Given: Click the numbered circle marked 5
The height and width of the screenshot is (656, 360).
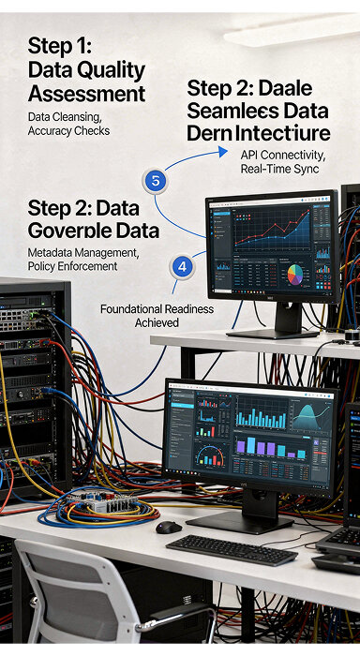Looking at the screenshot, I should click(x=156, y=180).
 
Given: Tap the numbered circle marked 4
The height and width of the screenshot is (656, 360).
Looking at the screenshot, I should click(x=183, y=266).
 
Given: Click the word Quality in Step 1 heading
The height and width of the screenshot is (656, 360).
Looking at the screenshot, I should click(x=110, y=69).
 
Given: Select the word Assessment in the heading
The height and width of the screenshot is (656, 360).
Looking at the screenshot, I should click(x=86, y=94).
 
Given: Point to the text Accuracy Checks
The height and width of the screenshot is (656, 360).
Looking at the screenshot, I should click(x=68, y=131).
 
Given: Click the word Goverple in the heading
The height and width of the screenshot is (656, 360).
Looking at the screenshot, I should click(x=70, y=231).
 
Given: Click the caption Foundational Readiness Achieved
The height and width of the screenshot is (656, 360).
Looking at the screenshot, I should click(x=157, y=315).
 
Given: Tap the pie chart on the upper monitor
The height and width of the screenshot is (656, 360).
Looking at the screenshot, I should click(x=295, y=276).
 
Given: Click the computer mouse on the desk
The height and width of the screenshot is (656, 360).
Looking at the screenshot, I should click(x=169, y=528).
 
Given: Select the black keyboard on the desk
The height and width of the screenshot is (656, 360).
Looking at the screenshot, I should click(x=232, y=549).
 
